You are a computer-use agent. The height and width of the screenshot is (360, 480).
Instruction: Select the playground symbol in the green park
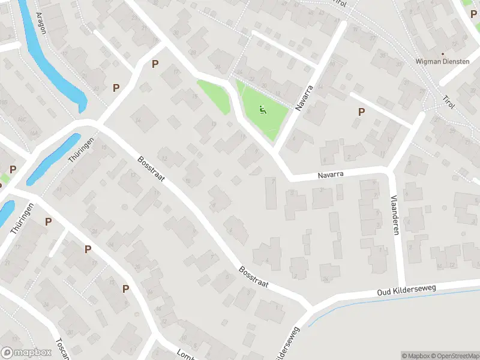[262, 110]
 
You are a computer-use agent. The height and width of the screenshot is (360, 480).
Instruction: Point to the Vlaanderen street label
[394, 214]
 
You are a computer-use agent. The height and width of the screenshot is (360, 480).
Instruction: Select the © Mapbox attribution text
[415, 356]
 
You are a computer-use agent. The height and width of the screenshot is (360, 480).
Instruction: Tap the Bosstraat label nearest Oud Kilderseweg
[253, 277]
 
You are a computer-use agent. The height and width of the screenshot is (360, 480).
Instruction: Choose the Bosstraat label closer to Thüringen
[151, 172]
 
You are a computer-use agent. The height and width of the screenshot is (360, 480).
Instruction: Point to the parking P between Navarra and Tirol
[361, 112]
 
